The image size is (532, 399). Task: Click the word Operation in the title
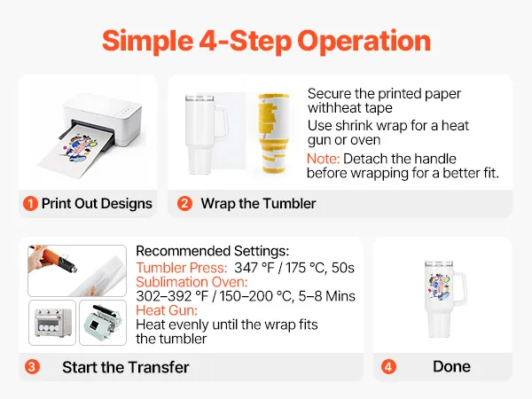tap(364, 42)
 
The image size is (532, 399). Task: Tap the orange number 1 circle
tap(30, 204)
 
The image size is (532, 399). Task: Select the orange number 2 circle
tap(184, 204)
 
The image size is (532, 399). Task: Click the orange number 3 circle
tap(32, 367)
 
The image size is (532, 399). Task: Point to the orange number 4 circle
tap(388, 367)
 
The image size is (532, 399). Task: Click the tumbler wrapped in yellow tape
tap(273, 133)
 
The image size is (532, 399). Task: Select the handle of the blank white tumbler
tap(221, 123)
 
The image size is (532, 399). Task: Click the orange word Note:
tap(323, 159)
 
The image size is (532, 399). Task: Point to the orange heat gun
tap(54, 259)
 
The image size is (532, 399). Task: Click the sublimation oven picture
tap(52, 323)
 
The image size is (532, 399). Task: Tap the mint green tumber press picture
tap(103, 323)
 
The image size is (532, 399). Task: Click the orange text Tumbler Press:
tap(182, 268)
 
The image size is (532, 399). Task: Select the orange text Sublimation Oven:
tap(192, 282)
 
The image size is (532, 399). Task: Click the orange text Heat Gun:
tap(167, 310)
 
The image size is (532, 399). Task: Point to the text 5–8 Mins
tap(326, 296)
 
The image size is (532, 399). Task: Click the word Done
tap(451, 366)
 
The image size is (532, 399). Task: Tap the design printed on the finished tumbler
tap(439, 287)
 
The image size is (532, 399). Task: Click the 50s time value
tap(342, 268)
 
